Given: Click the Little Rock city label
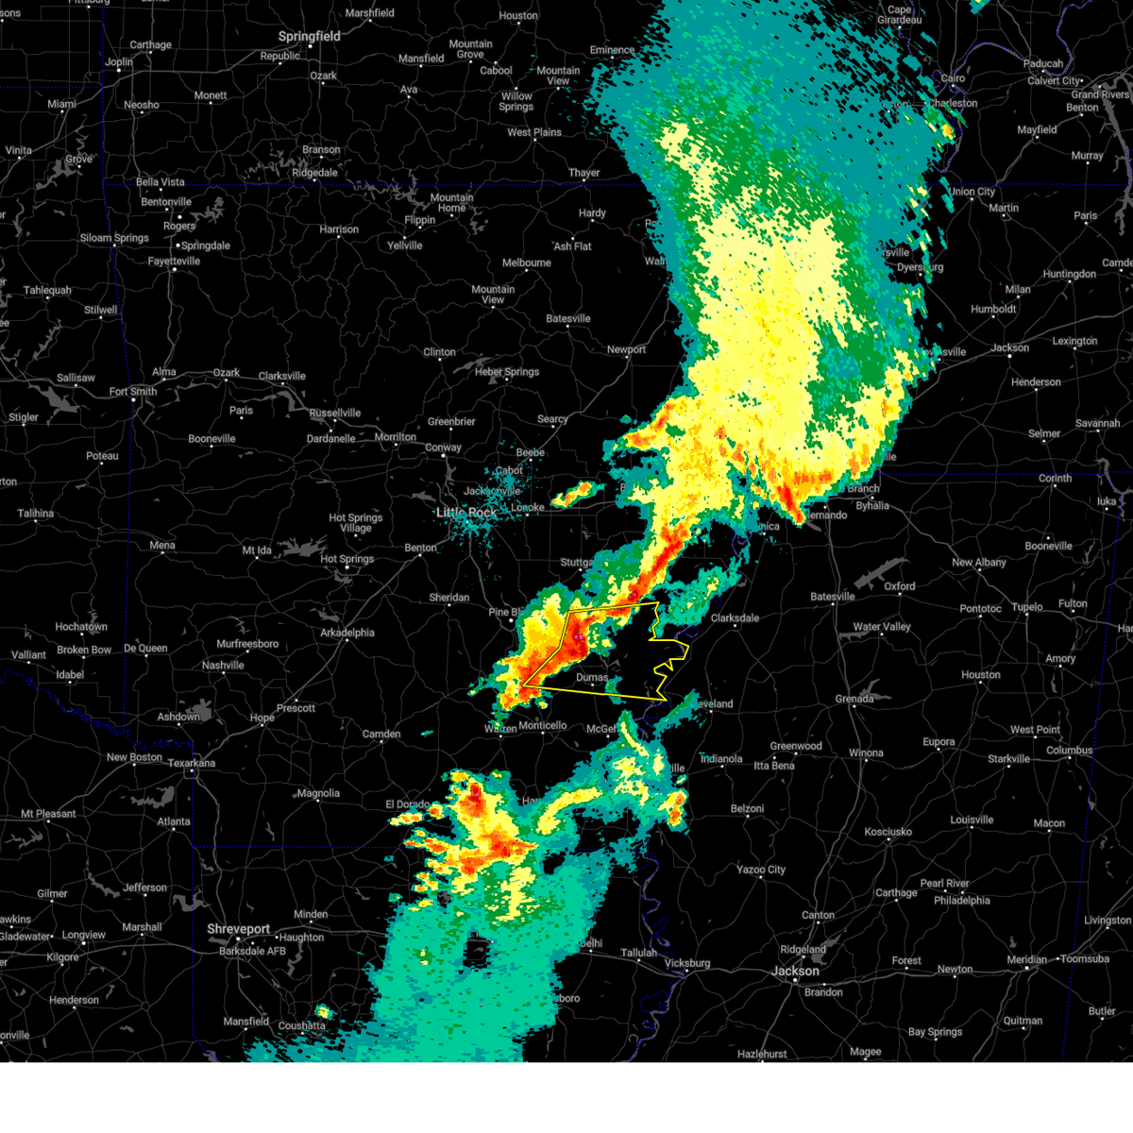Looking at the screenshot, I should (x=465, y=513).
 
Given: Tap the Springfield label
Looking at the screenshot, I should (x=309, y=36).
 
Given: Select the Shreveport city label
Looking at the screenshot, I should (x=239, y=929).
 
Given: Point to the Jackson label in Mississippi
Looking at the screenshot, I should (x=795, y=971).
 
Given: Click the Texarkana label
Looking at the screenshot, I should (x=192, y=763).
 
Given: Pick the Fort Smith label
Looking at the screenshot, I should (x=133, y=391).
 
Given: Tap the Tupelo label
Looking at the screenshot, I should (x=1027, y=607).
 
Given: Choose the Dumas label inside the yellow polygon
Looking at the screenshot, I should (x=592, y=677).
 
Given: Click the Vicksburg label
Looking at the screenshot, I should (x=686, y=963).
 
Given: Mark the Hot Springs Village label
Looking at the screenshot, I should (x=356, y=523).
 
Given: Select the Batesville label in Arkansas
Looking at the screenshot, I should (x=568, y=318).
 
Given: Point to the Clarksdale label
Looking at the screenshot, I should (x=735, y=617).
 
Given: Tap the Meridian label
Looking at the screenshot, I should (x=1026, y=959).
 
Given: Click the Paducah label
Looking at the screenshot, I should (x=1043, y=63).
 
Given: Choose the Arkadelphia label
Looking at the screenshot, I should (x=347, y=633).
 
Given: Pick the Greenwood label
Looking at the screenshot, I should (x=796, y=746).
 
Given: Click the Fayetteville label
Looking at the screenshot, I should (x=174, y=261).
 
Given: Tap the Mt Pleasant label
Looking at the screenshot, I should (x=49, y=813).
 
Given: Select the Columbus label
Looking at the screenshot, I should (x=1069, y=751).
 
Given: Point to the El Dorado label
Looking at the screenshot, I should (x=408, y=804).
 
